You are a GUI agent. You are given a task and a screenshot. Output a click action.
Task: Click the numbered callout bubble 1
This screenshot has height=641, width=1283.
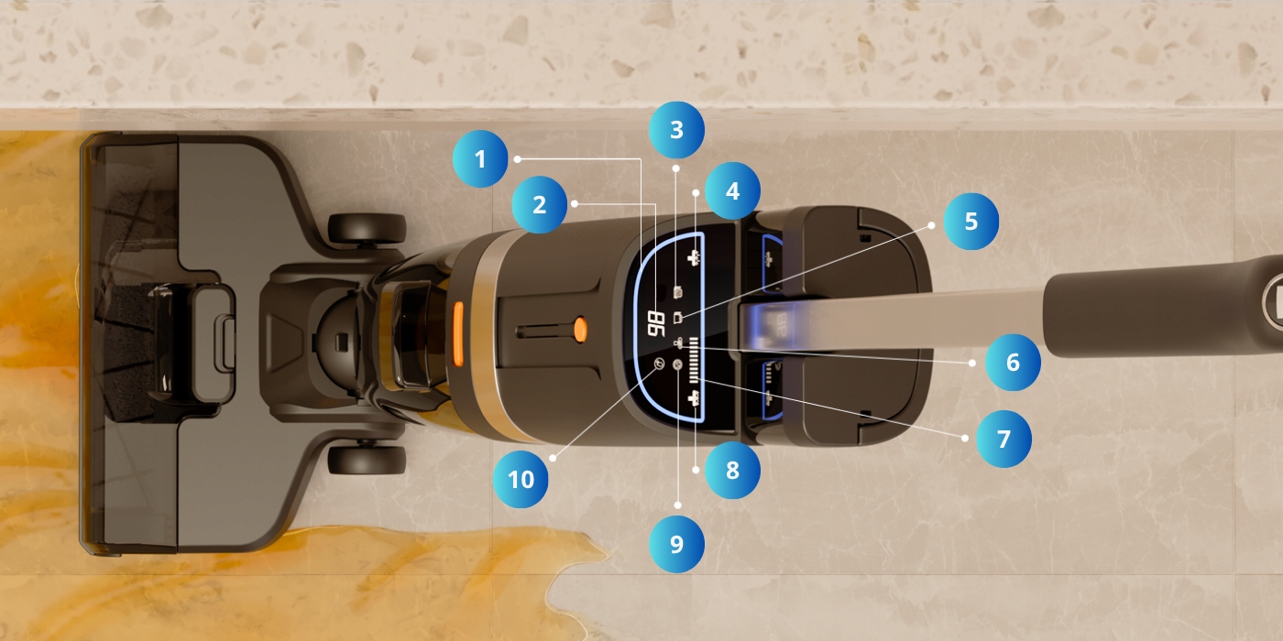tap(480, 159)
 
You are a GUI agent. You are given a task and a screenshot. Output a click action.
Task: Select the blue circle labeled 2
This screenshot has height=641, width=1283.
tap(539, 204)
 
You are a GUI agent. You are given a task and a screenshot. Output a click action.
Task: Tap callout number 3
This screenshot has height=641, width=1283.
tap(676, 130)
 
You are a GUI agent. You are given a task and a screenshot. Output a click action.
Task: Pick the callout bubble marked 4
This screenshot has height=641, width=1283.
tap(732, 190)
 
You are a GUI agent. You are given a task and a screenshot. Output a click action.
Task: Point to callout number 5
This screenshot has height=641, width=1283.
tap(970, 222)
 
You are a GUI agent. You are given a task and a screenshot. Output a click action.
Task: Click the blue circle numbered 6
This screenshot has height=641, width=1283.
tap(1013, 363)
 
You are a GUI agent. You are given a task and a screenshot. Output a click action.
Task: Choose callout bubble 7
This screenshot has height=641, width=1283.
tap(1003, 439)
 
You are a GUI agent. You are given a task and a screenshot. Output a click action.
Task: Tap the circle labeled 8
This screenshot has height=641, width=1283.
tap(732, 470)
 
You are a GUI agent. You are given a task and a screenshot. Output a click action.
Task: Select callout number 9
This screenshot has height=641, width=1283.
tap(676, 544)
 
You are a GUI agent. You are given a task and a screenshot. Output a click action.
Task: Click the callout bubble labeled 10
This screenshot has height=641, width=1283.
tap(521, 480)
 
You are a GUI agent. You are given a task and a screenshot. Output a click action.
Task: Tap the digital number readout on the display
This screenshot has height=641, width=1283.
tap(656, 324)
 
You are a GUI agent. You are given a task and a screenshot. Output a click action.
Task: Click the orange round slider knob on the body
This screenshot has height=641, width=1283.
tap(580, 329)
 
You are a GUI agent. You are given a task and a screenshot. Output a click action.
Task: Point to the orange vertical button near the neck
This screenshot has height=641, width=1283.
tap(458, 334)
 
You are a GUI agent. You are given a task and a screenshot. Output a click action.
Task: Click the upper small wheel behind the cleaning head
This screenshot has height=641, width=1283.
tap(367, 229)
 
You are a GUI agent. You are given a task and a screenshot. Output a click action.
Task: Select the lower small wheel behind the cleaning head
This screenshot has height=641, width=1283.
tap(367, 460)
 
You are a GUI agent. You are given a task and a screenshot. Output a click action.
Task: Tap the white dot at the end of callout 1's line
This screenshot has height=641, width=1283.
tap(517, 159)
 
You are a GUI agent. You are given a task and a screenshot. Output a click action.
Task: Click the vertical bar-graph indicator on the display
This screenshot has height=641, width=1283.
tap(695, 360)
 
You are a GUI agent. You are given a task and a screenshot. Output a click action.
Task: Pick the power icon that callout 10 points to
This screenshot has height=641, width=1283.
tap(659, 363)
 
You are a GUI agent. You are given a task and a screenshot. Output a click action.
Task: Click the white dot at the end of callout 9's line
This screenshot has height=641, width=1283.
tap(677, 505)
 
